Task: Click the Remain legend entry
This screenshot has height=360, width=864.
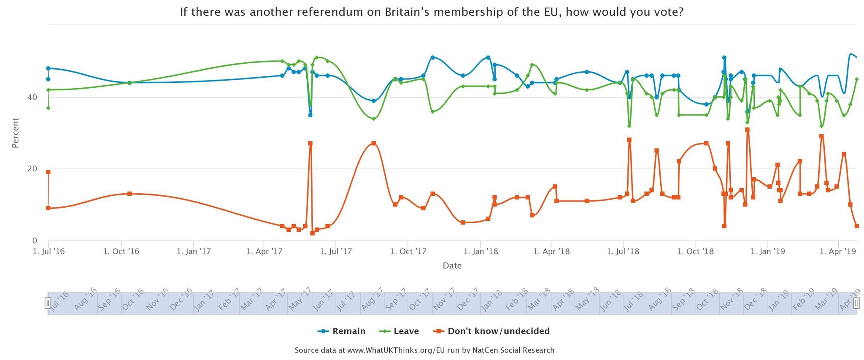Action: [342, 331]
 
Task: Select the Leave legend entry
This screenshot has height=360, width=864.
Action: [399, 331]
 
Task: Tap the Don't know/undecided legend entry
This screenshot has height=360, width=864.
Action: [492, 331]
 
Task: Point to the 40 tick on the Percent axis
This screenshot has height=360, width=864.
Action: [32, 97]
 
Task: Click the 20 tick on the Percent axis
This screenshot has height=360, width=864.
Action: [32, 169]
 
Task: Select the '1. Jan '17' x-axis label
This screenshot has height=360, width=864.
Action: [193, 252]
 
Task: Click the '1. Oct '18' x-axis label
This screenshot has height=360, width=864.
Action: [695, 252]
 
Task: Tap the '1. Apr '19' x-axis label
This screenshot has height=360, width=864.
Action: [838, 252]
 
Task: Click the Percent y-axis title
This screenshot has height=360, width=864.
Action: [16, 133]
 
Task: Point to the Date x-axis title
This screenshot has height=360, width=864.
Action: [452, 266]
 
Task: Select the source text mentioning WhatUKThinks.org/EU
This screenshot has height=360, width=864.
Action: [424, 350]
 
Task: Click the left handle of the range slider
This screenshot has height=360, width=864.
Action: [48, 303]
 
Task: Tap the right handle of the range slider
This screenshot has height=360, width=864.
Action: [856, 303]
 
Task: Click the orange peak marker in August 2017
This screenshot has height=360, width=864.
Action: [373, 143]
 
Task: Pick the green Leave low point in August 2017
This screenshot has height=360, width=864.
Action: [373, 119]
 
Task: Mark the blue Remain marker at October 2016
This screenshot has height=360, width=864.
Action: [130, 83]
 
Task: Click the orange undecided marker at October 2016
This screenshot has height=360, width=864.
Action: [130, 194]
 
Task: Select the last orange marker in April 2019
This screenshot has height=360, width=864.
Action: [856, 226]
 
